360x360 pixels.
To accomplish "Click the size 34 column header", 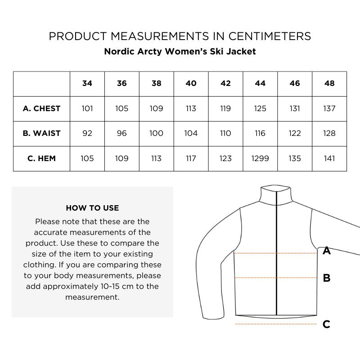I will click(x=87, y=83).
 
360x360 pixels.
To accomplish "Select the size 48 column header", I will click(x=329, y=83).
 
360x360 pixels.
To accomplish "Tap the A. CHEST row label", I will click(x=41, y=108).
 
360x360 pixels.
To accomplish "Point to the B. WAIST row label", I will click(x=41, y=133).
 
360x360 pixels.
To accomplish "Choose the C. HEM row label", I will click(x=41, y=158).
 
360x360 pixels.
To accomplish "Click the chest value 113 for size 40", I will click(x=191, y=108).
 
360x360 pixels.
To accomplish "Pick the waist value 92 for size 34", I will click(x=87, y=133).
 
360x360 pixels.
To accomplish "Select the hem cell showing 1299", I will click(x=260, y=158).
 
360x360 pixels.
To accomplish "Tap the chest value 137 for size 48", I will click(x=329, y=108).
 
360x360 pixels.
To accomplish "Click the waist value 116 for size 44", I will click(x=260, y=133).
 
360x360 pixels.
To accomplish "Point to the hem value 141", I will click(x=329, y=158).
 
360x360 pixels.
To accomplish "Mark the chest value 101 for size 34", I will click(x=87, y=108).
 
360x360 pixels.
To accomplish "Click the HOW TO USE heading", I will click(x=92, y=208).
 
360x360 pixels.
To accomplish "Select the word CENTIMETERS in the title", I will click(x=263, y=36).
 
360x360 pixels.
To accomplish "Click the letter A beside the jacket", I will click(x=327, y=251).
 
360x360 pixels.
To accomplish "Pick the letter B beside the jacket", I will click(x=327, y=278).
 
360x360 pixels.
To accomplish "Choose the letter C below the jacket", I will click(x=327, y=324).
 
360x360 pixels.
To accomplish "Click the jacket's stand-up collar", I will click(x=275, y=196).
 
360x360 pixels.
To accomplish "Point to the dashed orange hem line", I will click(x=275, y=324).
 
